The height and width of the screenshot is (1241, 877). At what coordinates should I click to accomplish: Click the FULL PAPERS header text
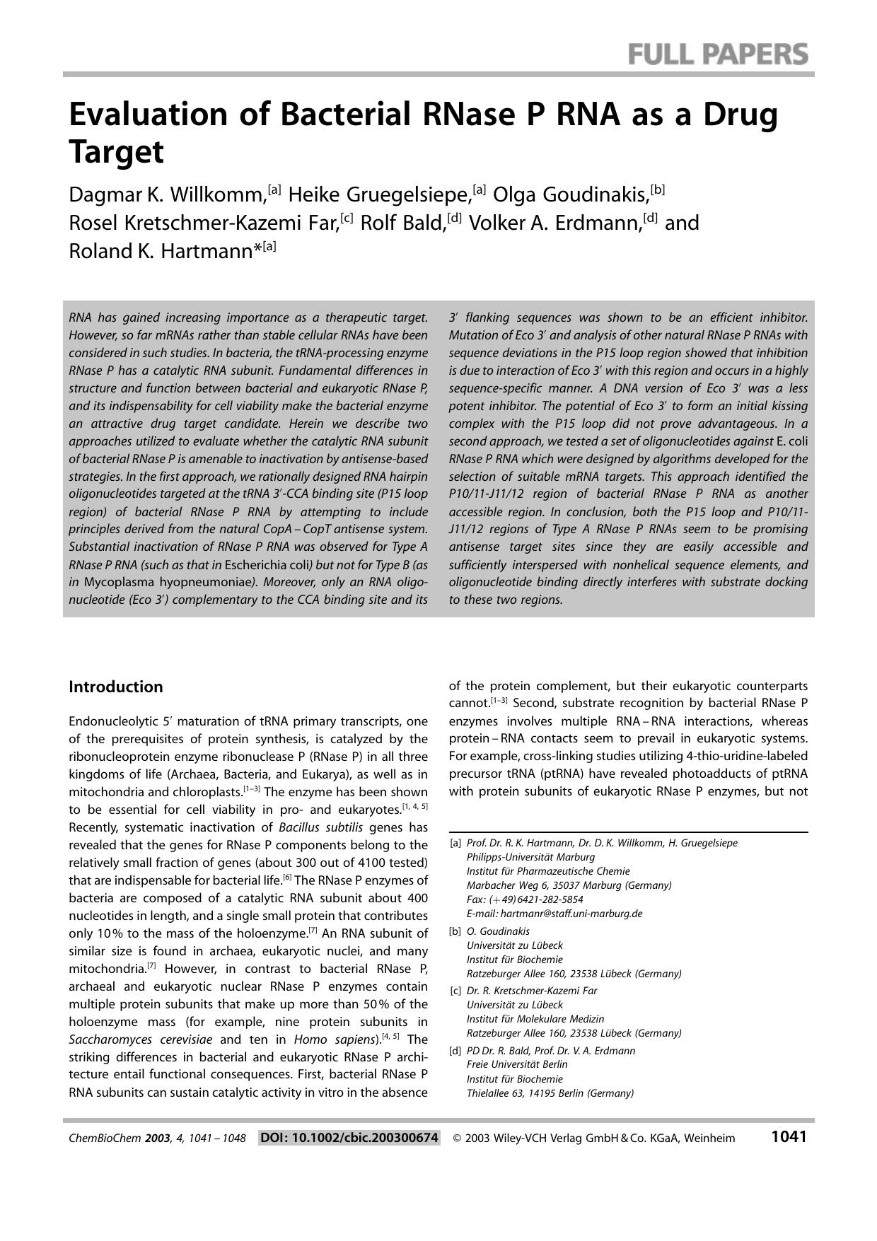pos(717,54)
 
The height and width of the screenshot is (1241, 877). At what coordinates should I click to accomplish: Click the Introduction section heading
pos(115,687)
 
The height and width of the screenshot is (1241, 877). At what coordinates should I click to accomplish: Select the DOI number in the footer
pos(349,1138)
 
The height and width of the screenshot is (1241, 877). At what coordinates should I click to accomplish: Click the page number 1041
pos(789,1136)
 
